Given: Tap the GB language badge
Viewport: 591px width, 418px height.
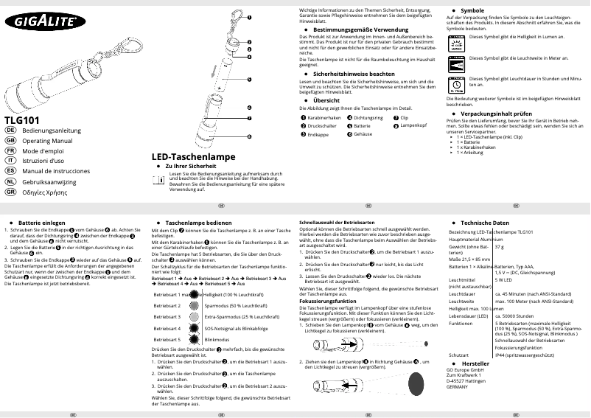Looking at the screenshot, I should (x=11, y=139).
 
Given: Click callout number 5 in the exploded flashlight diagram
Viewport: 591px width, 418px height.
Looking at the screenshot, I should (x=249, y=80).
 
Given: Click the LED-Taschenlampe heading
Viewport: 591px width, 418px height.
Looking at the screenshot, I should (x=194, y=156).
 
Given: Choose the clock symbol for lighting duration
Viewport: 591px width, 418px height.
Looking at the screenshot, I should (x=457, y=83).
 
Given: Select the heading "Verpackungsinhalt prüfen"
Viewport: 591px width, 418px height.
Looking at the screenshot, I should (x=496, y=114).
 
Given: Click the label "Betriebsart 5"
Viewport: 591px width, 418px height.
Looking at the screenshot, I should (x=167, y=339).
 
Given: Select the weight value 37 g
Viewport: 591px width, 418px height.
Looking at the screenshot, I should (x=499, y=246).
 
